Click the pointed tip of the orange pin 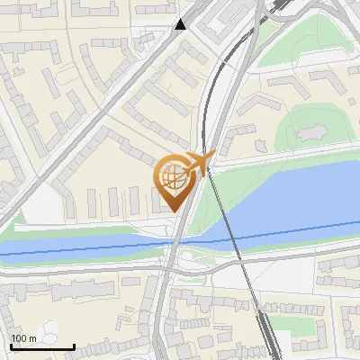tap(175, 211)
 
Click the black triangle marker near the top tap(181, 24)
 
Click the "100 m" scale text tap(23, 338)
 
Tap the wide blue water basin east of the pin tap(288, 198)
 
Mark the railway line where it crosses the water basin tap(231, 225)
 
